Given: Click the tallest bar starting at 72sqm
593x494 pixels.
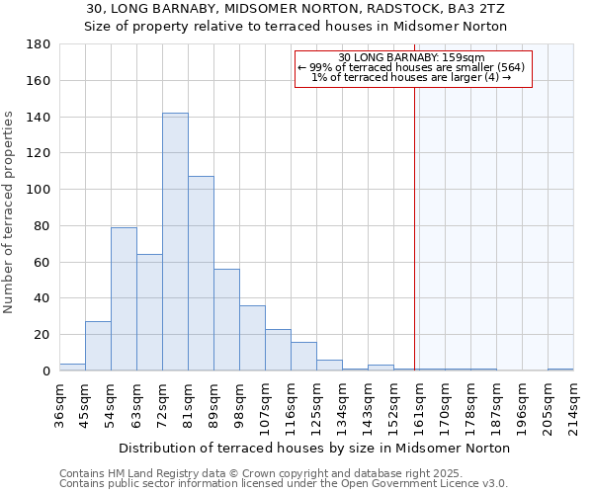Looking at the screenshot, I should [175, 242].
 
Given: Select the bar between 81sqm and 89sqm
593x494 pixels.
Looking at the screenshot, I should [201, 274].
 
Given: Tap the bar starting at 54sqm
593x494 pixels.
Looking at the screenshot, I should [124, 299].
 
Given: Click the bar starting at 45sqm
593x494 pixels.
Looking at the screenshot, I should [98, 347].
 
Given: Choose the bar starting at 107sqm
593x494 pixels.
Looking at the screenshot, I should [278, 350].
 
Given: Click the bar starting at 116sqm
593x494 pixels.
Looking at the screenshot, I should [303, 357].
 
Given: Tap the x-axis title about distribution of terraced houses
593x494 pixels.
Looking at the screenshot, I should [313, 448].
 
